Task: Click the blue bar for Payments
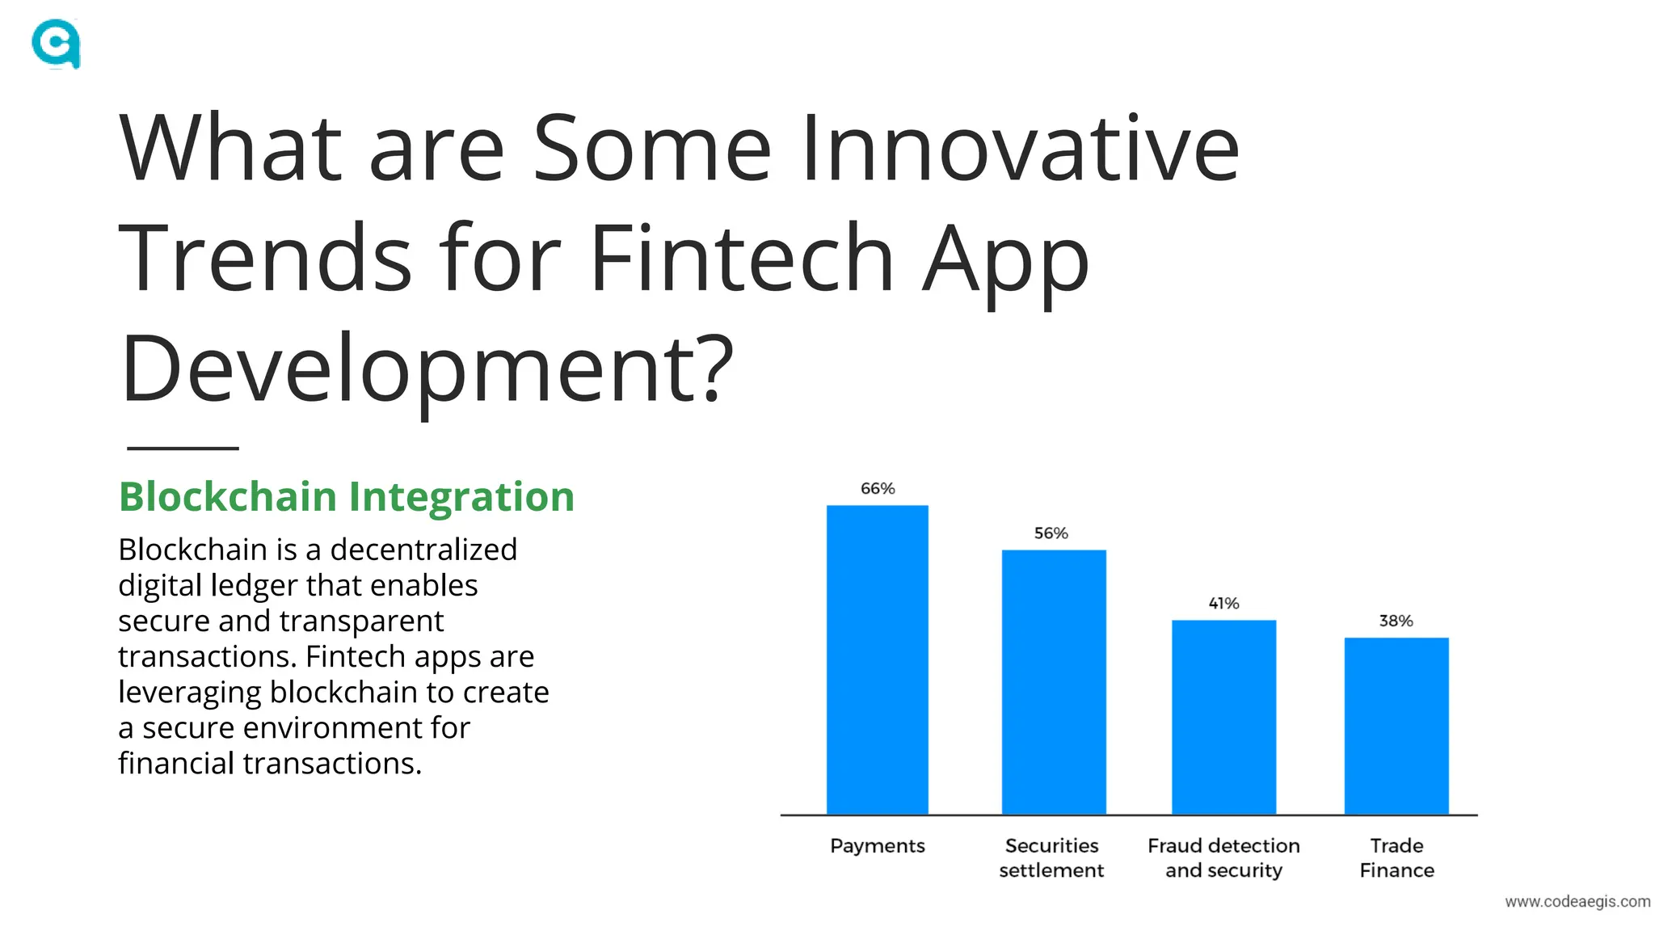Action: click(x=877, y=659)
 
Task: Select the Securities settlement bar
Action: click(x=1053, y=682)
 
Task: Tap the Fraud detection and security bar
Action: click(x=1223, y=717)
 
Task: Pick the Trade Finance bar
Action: click(x=1396, y=726)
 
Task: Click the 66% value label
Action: click(x=878, y=488)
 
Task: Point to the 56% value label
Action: click(x=1051, y=533)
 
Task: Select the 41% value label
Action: click(x=1223, y=603)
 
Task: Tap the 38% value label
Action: click(x=1396, y=621)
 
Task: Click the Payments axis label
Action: click(x=877, y=846)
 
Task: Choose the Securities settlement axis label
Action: click(x=1051, y=857)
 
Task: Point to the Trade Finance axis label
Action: click(x=1396, y=857)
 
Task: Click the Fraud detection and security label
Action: click(x=1223, y=857)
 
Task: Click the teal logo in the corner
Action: click(x=56, y=44)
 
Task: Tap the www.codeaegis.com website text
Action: click(x=1577, y=901)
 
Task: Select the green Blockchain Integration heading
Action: click(x=346, y=496)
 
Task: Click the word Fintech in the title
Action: click(x=741, y=258)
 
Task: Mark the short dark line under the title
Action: click(x=183, y=448)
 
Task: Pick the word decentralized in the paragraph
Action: click(x=423, y=550)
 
